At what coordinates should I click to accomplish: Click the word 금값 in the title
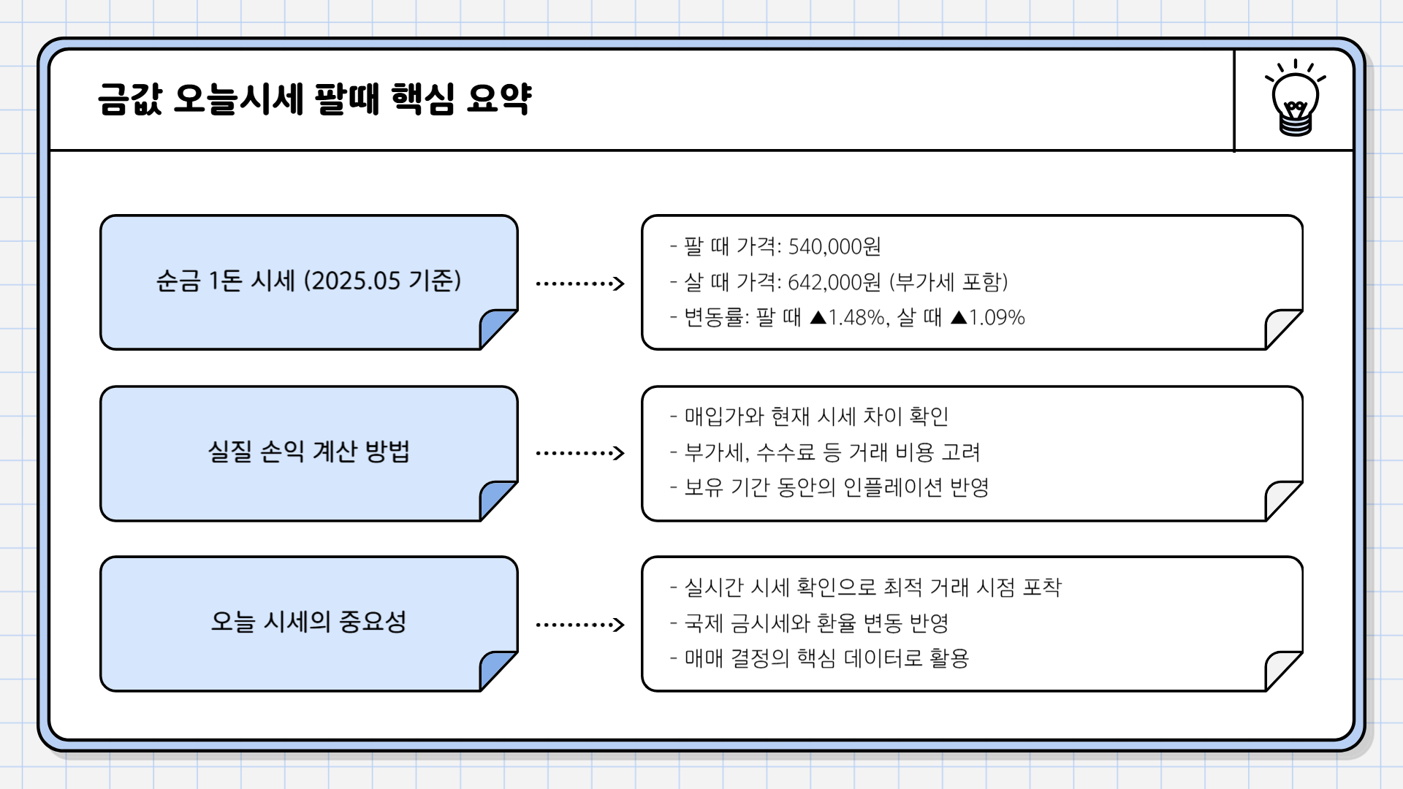point(129,99)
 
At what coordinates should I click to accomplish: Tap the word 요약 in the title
point(499,99)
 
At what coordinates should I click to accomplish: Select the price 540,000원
point(834,247)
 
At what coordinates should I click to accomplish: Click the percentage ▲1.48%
point(848,318)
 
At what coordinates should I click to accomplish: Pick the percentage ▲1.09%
point(988,318)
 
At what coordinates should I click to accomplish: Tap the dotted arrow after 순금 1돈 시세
point(579,283)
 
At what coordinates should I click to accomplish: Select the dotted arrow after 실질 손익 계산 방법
point(579,454)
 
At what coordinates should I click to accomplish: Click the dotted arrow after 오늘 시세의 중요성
point(579,625)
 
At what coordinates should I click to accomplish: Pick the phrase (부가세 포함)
point(948,282)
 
